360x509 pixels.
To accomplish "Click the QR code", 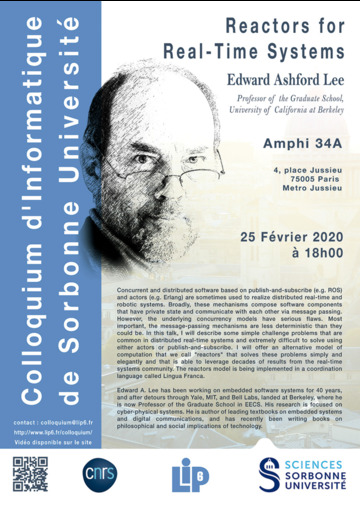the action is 31,474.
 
